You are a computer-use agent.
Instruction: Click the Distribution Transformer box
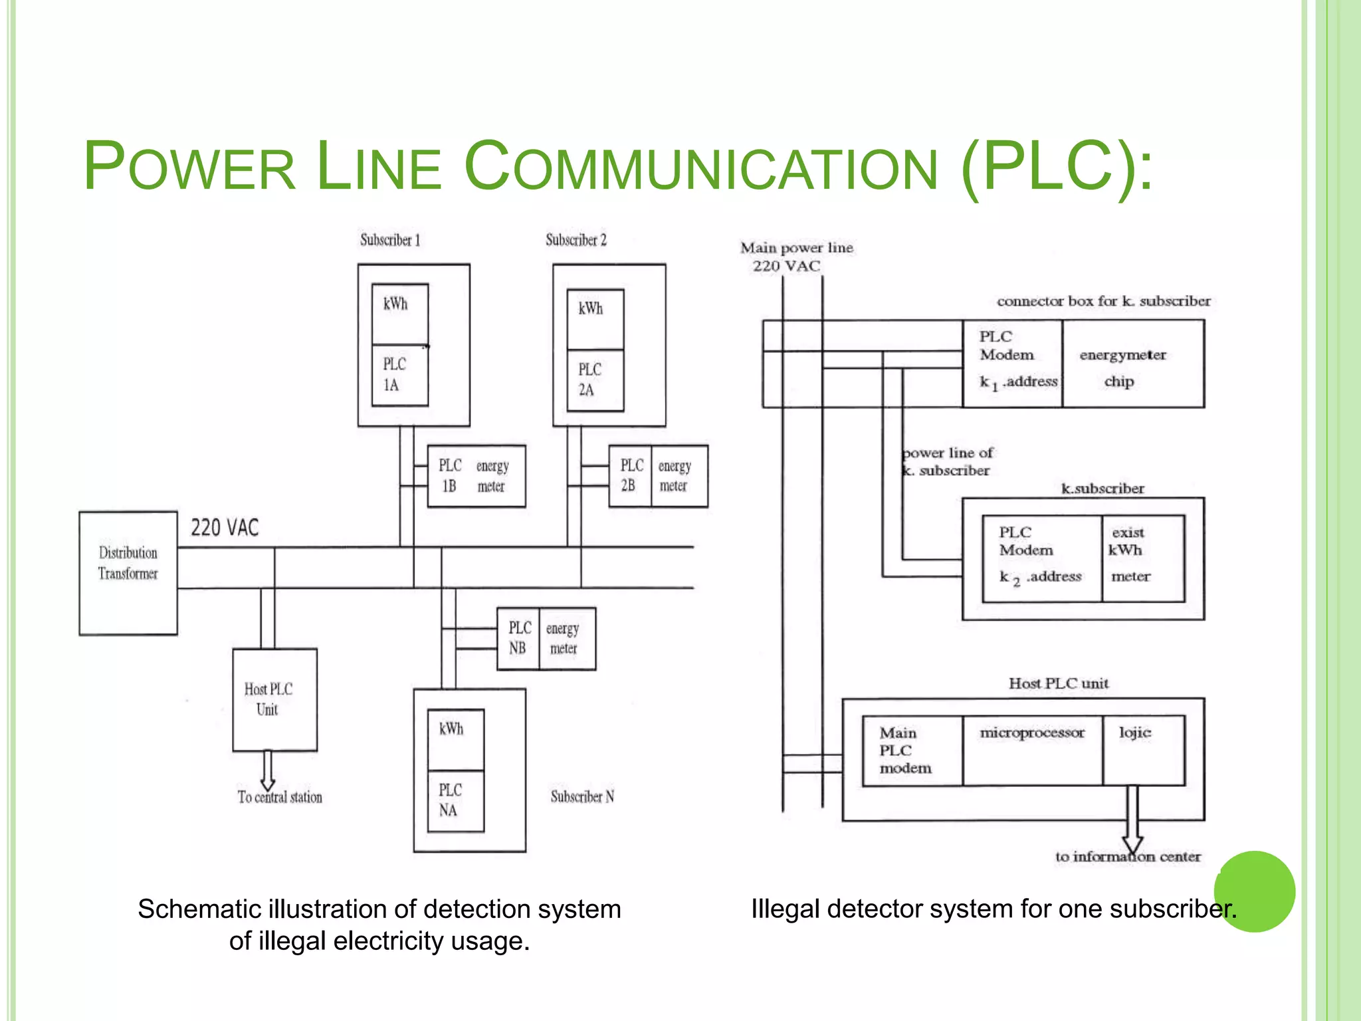pyautogui.click(x=128, y=573)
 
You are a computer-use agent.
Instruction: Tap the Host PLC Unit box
pyautogui.click(x=274, y=699)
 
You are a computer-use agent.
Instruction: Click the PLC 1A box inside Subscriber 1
pyautogui.click(x=399, y=375)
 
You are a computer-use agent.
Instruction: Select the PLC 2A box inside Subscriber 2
pyautogui.click(x=595, y=380)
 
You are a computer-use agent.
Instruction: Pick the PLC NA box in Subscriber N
pyautogui.click(x=455, y=800)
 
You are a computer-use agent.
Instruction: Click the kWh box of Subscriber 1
pyautogui.click(x=399, y=314)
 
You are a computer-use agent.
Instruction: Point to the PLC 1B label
pyautogui.click(x=450, y=476)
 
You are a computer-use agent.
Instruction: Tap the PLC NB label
pyautogui.click(x=519, y=638)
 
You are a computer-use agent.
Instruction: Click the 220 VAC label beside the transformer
pyautogui.click(x=225, y=528)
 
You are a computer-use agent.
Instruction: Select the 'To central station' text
pyautogui.click(x=280, y=797)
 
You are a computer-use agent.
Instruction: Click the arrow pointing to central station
pyautogui.click(x=268, y=771)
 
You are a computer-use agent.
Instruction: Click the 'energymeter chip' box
pyautogui.click(x=1132, y=364)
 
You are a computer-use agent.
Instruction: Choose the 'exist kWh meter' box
pyautogui.click(x=1142, y=558)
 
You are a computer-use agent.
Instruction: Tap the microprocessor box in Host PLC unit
pyautogui.click(x=1032, y=750)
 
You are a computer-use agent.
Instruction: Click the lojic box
pyautogui.click(x=1143, y=750)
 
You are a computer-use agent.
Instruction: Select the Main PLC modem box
pyautogui.click(x=912, y=750)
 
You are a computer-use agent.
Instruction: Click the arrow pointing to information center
pyautogui.click(x=1132, y=821)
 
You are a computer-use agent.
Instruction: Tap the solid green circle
pyautogui.click(x=1254, y=891)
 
